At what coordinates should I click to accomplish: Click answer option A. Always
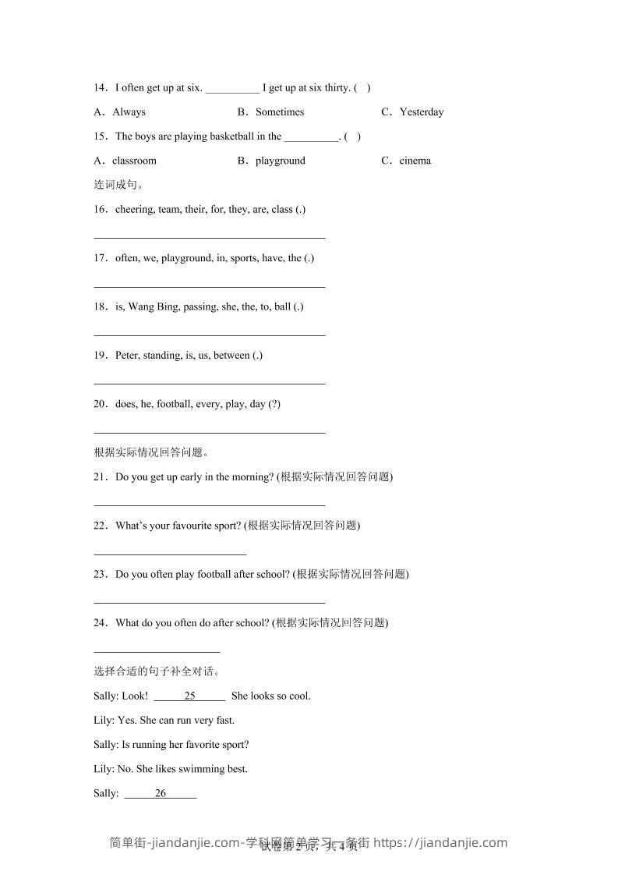(x=120, y=112)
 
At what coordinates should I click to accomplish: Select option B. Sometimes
(x=271, y=112)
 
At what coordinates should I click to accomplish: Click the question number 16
(x=100, y=209)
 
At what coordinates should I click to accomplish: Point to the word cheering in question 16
(x=134, y=209)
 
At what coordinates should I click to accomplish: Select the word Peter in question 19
(x=126, y=355)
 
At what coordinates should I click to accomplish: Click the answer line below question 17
(x=209, y=286)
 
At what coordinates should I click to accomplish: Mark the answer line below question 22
(x=170, y=554)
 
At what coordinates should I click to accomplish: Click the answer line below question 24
(x=157, y=651)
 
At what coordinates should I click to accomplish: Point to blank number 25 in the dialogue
(x=189, y=696)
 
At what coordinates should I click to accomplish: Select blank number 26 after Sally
(x=161, y=793)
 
